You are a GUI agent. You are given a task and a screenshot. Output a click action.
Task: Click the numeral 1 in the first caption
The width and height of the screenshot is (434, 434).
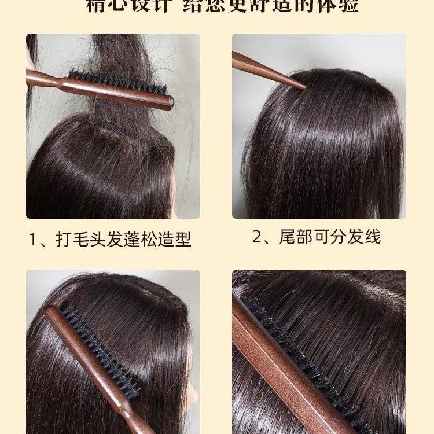tap(34, 239)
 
